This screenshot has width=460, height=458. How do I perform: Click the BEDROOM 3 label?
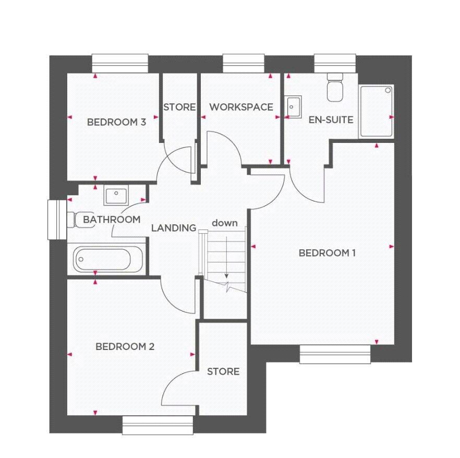[116, 123]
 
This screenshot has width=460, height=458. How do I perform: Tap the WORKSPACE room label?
[241, 107]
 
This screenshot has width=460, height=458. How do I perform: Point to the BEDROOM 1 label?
[327, 253]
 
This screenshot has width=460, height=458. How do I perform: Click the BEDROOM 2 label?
[125, 346]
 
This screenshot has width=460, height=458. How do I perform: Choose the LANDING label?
[174, 228]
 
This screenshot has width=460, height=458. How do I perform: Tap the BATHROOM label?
[112, 220]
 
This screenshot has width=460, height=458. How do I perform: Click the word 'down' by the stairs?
[225, 223]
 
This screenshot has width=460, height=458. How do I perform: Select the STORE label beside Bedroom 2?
[223, 371]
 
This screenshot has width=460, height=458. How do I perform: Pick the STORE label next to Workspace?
[179, 107]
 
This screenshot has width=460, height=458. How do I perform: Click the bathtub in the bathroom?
[108, 259]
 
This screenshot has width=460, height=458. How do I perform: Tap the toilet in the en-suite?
[334, 87]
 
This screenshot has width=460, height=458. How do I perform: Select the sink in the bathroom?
[115, 197]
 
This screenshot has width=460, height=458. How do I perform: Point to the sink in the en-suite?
[294, 107]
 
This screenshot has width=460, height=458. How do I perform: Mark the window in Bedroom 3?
[119, 63]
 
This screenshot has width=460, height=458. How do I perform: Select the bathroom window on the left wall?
[54, 220]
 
